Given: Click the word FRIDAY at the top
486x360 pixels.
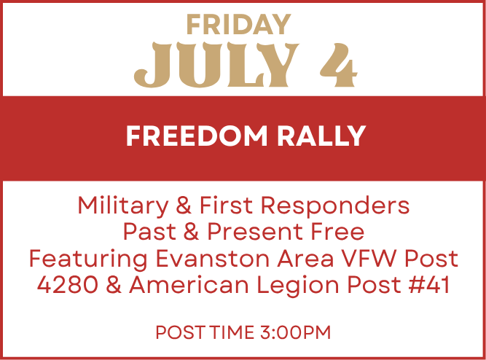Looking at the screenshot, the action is tap(238, 25).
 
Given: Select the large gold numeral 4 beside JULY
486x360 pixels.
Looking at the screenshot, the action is tap(339, 65).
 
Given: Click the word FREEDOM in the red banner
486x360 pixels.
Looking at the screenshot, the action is tap(197, 136).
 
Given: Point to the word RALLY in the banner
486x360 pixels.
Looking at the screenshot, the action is tap(321, 136).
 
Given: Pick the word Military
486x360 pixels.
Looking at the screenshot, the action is tap(122, 206).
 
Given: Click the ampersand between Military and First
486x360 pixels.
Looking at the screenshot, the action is tap(184, 206).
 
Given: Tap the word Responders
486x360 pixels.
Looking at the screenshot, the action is tap(335, 206).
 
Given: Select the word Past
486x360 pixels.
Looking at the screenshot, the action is tap(149, 232).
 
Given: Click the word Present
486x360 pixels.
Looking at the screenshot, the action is tap(255, 232).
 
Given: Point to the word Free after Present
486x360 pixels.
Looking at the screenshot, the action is tap(337, 232).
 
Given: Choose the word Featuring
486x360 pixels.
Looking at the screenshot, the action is tap(88, 259).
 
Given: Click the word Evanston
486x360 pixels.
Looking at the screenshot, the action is tap(213, 258).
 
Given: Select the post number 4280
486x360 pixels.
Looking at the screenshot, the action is tap(68, 285).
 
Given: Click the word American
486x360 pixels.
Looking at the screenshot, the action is tap(189, 285).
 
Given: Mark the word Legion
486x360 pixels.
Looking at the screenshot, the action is tap(298, 286).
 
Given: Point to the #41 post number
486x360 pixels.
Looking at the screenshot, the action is tap(429, 285).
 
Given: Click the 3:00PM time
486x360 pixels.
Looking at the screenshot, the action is tap(296, 332).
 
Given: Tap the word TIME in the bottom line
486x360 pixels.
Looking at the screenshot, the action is tap(232, 332).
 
